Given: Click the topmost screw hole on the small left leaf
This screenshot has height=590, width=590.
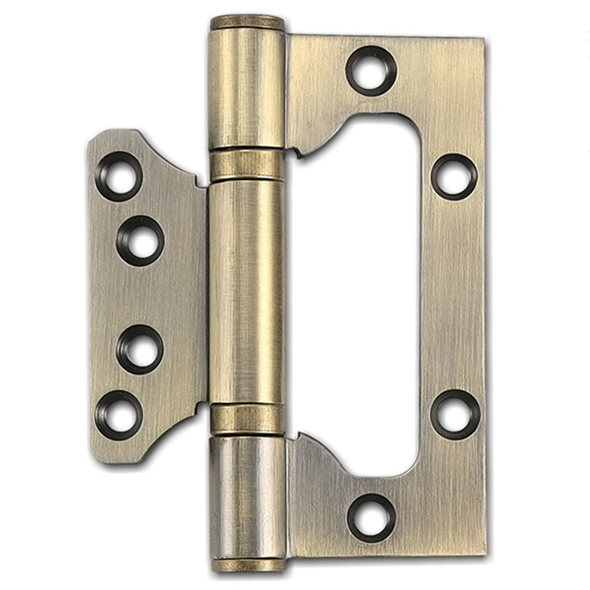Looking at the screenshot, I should coord(119,176).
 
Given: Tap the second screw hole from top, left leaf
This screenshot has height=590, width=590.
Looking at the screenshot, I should coord(140,240).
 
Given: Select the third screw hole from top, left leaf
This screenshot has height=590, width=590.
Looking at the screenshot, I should coord(140,349).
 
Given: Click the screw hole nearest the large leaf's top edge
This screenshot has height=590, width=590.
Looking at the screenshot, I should coord(371,71).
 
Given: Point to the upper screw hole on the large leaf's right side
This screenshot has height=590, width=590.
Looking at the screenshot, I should coord(454,176).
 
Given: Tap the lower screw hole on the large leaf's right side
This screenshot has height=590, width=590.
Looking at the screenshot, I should coord(454,414).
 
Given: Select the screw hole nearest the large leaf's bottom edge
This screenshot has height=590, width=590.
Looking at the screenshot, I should coord(371,517).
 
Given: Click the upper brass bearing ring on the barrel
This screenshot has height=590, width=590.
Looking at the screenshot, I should coord(247,164).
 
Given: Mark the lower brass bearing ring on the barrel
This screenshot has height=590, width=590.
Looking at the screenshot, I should coord(247,419).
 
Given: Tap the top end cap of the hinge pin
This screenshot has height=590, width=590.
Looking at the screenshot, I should coord(247,23).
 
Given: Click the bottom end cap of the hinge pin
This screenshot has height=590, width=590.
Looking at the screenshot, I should coord(247,565).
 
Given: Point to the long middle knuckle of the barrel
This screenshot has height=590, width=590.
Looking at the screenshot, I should coord(247,291).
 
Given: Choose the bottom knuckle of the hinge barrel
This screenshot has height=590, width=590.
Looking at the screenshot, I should coord(247,498).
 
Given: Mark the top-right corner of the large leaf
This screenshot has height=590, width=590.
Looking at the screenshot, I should coord(483,39).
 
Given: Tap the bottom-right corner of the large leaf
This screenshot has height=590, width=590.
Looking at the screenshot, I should coord(484,553).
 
